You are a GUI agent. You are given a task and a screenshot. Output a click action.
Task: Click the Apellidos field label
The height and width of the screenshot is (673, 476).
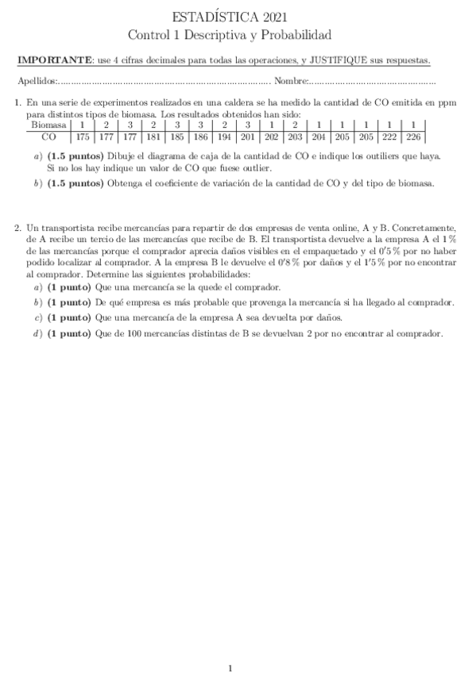[x=37, y=81]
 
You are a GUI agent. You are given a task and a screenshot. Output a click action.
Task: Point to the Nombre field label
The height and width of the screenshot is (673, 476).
[x=289, y=81]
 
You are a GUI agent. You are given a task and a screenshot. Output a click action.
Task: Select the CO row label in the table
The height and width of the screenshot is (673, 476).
[x=48, y=137]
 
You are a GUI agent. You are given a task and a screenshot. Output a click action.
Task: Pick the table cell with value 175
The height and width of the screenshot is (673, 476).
[x=83, y=137]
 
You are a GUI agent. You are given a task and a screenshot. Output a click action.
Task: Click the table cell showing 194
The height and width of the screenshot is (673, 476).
[x=225, y=137]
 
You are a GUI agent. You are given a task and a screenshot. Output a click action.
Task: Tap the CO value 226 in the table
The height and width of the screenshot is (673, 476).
[x=413, y=137]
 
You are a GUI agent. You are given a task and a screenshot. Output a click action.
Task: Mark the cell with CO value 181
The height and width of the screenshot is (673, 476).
[x=153, y=137]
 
